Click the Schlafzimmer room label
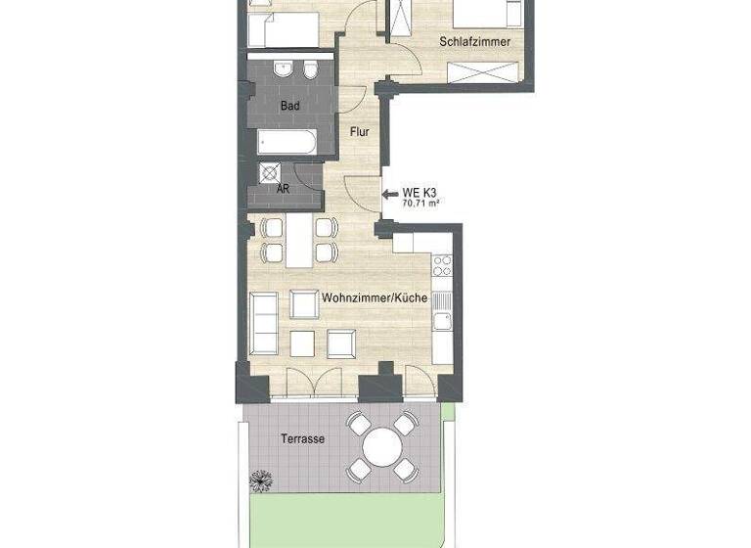point(475,42)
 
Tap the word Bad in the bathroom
point(289,106)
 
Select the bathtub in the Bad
point(287,143)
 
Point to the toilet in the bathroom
point(309,71)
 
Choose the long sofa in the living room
point(264,321)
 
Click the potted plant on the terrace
point(261,480)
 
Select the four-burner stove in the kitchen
point(442,265)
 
